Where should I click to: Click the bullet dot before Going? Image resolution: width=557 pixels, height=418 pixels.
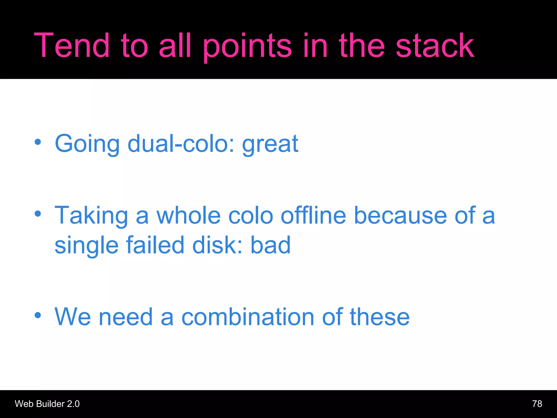pyautogui.click(x=38, y=142)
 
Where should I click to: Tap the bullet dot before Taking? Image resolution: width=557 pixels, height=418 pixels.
pyautogui.click(x=38, y=214)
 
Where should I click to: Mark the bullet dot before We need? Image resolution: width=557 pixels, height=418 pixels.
pyautogui.click(x=38, y=315)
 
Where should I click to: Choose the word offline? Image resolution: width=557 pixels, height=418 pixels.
pyautogui.click(x=313, y=215)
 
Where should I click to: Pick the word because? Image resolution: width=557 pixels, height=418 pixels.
pyautogui.click(x=400, y=215)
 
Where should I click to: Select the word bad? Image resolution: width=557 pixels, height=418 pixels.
pyautogui.click(x=270, y=245)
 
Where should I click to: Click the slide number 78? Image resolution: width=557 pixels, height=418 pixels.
pyautogui.click(x=537, y=404)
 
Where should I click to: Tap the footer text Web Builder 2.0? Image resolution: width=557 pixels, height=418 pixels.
pyautogui.click(x=47, y=404)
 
